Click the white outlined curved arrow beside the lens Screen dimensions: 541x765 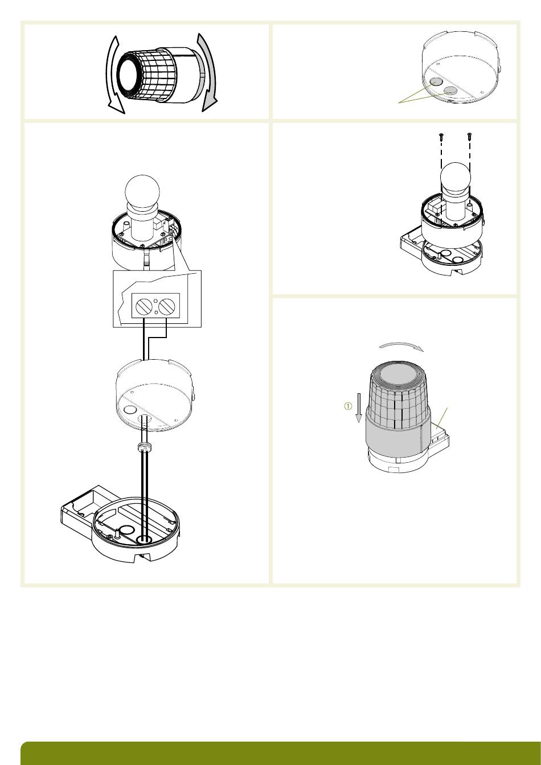tap(111, 73)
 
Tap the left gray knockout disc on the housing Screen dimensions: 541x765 tap(436, 81)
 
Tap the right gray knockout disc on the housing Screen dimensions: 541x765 tap(450, 90)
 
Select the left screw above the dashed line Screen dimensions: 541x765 tap(441, 135)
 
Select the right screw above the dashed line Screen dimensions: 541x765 tap(470, 135)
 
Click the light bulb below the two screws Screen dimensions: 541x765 tap(455, 178)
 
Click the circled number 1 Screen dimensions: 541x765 tap(347, 406)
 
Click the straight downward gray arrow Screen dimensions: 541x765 tap(359, 408)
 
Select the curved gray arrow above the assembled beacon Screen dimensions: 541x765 tap(401, 346)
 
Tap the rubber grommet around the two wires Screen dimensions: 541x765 tap(144, 446)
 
